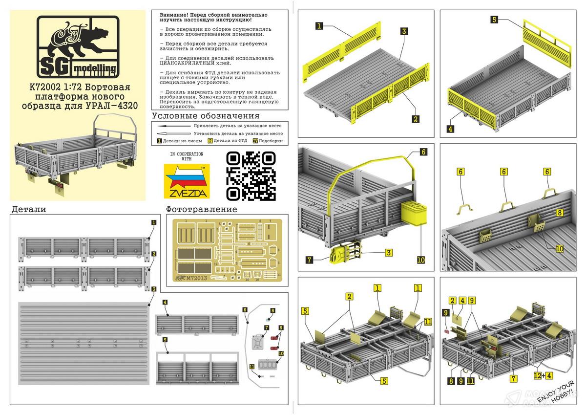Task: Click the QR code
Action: [x=251, y=176]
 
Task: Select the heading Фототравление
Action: [x=201, y=210]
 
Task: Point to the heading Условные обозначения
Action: [x=206, y=116]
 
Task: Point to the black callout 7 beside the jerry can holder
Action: [x=310, y=260]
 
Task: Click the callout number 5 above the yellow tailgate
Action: [x=494, y=20]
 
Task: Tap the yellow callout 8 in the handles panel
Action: [x=560, y=213]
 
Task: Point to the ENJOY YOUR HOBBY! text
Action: [x=556, y=392]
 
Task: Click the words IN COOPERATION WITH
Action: [x=187, y=156]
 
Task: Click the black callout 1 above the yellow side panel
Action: [x=319, y=26]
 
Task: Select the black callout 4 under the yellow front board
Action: [x=450, y=129]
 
